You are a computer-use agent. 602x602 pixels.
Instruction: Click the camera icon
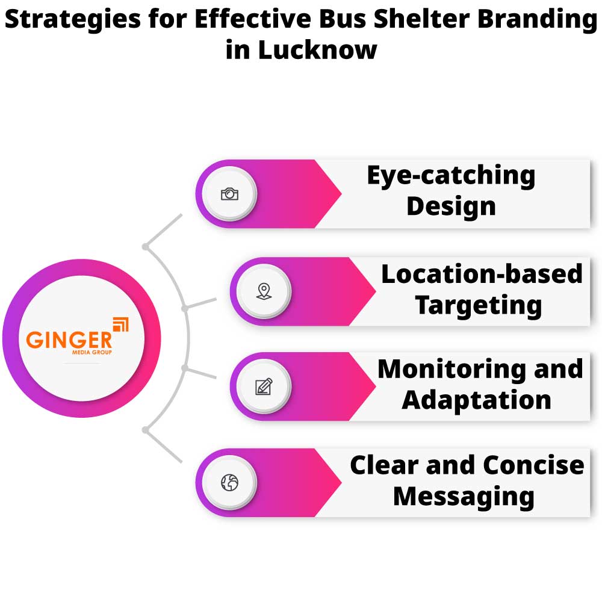point(229,194)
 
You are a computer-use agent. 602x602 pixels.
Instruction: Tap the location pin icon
point(263,291)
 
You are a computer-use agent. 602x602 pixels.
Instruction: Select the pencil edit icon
point(263,386)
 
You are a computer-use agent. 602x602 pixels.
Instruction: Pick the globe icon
point(229,482)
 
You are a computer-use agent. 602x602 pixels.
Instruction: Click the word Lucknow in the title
point(317,49)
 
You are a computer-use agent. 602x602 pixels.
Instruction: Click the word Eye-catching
point(451,175)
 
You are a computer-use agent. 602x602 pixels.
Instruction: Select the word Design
point(451,206)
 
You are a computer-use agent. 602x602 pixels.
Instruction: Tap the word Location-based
point(482,274)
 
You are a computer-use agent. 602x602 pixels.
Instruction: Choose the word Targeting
point(479,305)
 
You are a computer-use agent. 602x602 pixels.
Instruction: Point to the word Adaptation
point(476,400)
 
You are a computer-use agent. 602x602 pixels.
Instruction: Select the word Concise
point(533,465)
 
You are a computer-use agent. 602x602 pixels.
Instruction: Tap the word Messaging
point(464,497)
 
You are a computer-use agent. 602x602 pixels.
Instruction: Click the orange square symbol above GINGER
point(120,324)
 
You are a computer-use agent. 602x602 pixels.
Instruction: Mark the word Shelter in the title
point(411,19)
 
